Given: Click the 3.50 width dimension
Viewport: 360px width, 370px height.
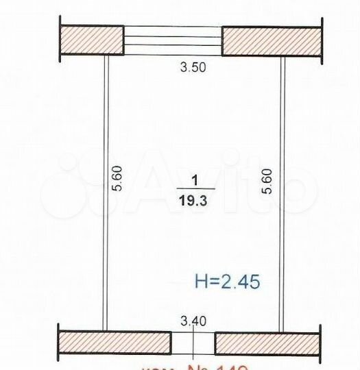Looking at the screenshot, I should click(193, 67).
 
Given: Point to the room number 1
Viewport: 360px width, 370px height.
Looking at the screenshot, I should click(195, 181).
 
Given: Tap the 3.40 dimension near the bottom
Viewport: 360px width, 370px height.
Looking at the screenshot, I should click(193, 319).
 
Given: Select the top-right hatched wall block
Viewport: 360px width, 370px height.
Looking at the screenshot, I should click(272, 41).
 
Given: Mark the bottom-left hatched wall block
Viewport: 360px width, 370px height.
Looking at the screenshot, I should click(115, 342).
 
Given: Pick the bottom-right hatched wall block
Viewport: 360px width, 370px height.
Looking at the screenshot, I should click(267, 343).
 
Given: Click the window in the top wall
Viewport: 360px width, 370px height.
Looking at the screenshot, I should click(173, 40).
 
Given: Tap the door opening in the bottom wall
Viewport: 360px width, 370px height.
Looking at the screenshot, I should click(193, 342).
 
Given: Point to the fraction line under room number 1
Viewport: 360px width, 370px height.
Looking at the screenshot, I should click(195, 188).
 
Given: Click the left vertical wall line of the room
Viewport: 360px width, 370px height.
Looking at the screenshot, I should click(105, 192).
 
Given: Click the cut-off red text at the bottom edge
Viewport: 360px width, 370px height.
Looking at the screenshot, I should click(199, 366).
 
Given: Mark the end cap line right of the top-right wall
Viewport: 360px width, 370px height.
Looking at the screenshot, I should click(322, 41).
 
